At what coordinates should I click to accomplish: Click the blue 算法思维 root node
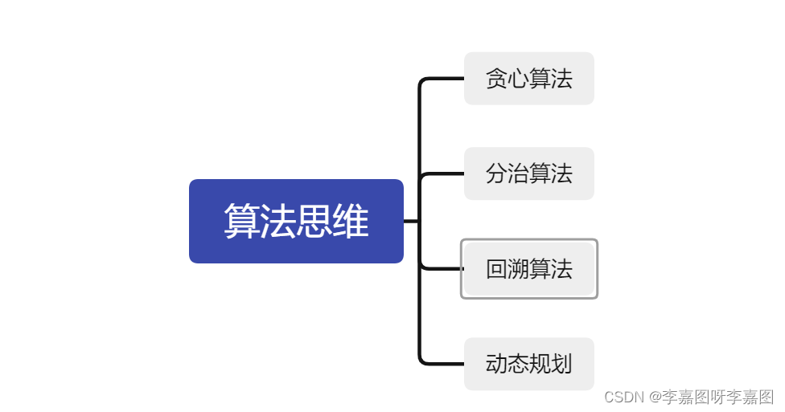tap(296, 221)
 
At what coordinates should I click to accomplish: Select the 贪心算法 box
tap(528, 79)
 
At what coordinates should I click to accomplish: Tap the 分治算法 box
tap(528, 173)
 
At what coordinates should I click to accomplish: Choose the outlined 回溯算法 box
tap(528, 269)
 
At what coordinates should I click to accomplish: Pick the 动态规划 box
tap(528, 364)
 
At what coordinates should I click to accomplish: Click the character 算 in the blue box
tap(241, 222)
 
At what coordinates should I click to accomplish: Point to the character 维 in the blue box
tap(351, 222)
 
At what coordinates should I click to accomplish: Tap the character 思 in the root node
tap(314, 222)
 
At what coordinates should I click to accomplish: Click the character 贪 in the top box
tap(496, 79)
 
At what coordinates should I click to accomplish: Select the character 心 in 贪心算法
tap(518, 79)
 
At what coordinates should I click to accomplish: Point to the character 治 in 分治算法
tap(518, 173)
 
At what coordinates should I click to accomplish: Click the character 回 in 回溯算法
tap(496, 269)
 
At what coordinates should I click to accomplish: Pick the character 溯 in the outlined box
tap(518, 269)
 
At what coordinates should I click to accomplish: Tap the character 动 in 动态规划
tap(496, 364)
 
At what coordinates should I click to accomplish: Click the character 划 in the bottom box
tap(561, 364)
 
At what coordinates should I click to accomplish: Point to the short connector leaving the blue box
tap(410, 221)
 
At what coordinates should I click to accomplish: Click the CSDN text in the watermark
tap(624, 397)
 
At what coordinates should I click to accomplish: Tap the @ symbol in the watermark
tap(656, 397)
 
